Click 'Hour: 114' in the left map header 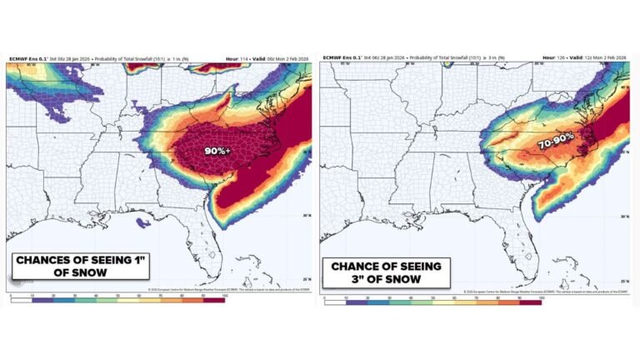point(237,57)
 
